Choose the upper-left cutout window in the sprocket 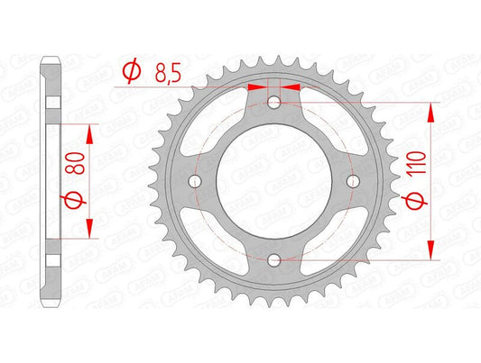click(x=213, y=124)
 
